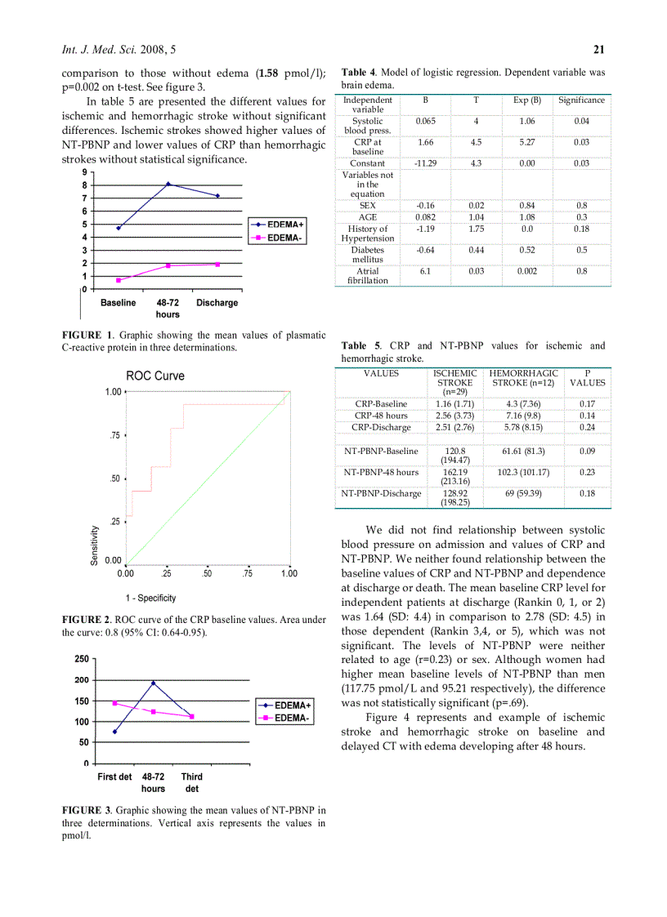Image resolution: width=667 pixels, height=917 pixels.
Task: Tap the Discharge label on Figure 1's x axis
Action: (x=217, y=303)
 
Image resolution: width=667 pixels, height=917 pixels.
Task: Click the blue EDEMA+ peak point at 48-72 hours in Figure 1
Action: (x=168, y=184)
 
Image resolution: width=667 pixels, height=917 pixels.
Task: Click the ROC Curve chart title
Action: (x=154, y=376)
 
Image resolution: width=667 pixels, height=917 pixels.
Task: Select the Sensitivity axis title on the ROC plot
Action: (x=95, y=545)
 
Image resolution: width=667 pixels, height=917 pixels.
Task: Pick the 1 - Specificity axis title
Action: (x=150, y=599)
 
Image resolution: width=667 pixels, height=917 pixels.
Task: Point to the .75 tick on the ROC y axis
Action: (x=115, y=435)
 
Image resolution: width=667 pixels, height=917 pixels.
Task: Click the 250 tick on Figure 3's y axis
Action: (x=81, y=659)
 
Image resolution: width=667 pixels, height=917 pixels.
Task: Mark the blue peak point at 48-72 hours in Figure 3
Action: (x=153, y=683)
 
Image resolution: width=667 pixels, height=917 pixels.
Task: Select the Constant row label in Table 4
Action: (x=367, y=163)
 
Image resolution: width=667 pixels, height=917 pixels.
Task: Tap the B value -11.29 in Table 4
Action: (x=425, y=163)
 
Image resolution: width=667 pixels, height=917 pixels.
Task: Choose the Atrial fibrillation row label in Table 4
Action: (x=367, y=275)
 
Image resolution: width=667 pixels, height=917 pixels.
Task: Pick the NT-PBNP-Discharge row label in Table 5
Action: (x=381, y=493)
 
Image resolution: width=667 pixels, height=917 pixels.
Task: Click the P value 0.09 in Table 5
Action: (x=587, y=451)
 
